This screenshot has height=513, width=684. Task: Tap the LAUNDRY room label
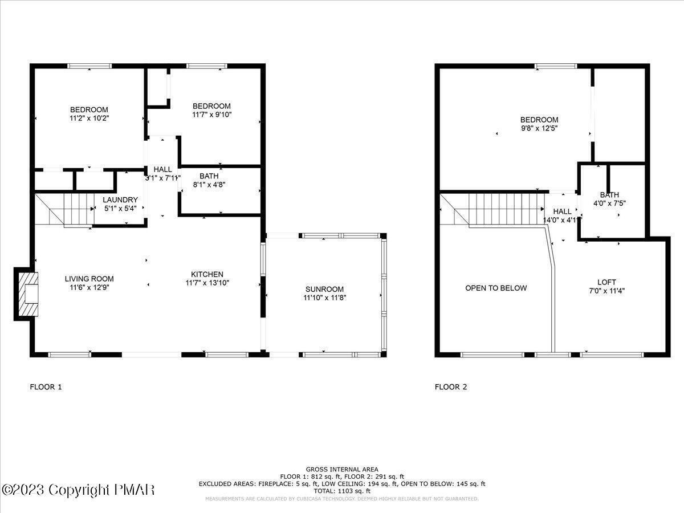pyautogui.click(x=120, y=199)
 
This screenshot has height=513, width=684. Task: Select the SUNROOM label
pyautogui.click(x=324, y=289)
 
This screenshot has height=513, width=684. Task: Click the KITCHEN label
pyautogui.click(x=207, y=274)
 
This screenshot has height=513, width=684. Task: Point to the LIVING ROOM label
pyautogui.click(x=89, y=279)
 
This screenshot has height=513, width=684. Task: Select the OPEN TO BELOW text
pyautogui.click(x=496, y=288)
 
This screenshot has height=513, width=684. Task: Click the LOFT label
pyautogui.click(x=606, y=282)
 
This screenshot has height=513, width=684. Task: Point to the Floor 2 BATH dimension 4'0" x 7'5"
pyautogui.click(x=609, y=203)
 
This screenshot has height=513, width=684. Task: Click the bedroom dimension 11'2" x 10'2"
pyautogui.click(x=89, y=118)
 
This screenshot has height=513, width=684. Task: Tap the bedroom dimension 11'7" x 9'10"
pyautogui.click(x=211, y=114)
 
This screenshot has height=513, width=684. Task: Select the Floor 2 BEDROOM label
pyautogui.click(x=539, y=120)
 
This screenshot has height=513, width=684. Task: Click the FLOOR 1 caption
pyautogui.click(x=46, y=387)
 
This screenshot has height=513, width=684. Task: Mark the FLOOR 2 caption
pyautogui.click(x=451, y=387)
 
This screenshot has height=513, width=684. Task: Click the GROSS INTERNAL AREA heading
pyautogui.click(x=342, y=469)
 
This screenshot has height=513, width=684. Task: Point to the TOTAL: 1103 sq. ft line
pyautogui.click(x=342, y=491)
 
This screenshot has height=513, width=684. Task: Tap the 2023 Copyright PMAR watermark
pyautogui.click(x=78, y=490)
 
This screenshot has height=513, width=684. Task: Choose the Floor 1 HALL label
pyautogui.click(x=162, y=169)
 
